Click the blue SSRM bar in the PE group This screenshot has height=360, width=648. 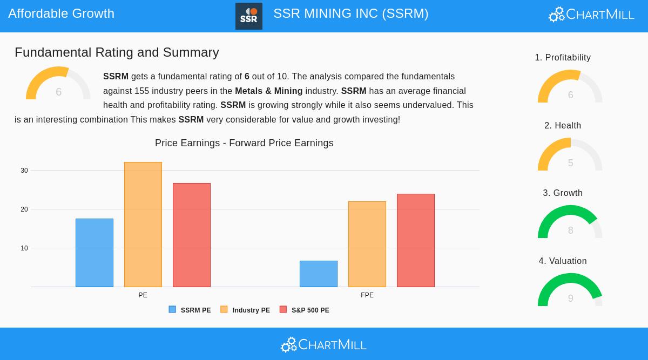[x=94, y=253]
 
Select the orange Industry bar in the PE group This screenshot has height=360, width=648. [x=143, y=225]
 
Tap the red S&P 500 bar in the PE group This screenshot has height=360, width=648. [x=192, y=235]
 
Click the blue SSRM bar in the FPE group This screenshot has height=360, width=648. [x=319, y=274]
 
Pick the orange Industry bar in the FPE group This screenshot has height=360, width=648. [x=367, y=244]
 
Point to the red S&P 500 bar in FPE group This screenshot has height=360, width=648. [x=416, y=240]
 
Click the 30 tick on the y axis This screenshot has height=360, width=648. [x=24, y=171]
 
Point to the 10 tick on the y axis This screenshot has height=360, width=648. [x=24, y=248]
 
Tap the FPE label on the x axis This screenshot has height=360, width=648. [x=367, y=295]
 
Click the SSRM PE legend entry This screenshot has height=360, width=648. [x=190, y=310]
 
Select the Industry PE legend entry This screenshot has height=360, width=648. [x=246, y=310]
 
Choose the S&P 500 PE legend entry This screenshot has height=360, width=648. [x=305, y=310]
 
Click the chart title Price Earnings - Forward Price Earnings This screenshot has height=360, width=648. [x=244, y=143]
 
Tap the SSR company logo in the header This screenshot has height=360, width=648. [x=249, y=16]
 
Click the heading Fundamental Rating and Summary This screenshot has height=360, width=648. [x=117, y=52]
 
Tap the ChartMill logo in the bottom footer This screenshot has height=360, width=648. [x=324, y=344]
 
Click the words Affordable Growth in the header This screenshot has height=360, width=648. [x=62, y=13]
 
